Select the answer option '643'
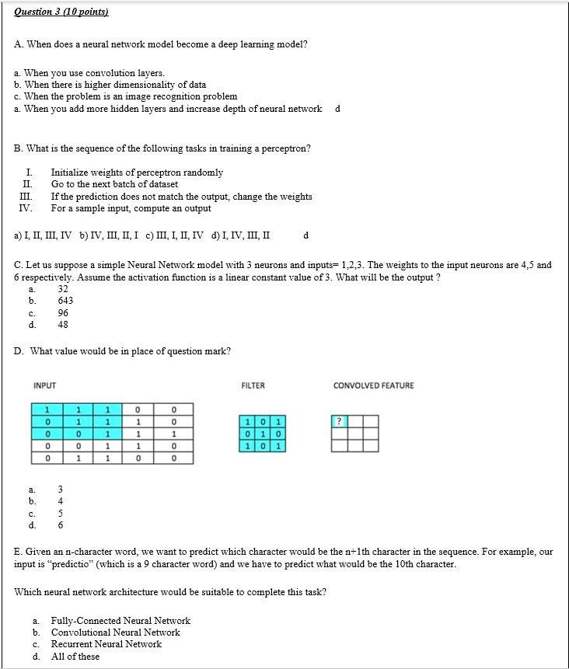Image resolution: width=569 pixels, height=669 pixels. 65,301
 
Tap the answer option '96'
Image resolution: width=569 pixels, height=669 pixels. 63,313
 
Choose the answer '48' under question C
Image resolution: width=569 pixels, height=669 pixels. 63,326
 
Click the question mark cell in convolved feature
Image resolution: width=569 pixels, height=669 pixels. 338,421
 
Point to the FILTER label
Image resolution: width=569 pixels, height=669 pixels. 253,385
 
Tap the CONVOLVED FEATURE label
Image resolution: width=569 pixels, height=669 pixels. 373,385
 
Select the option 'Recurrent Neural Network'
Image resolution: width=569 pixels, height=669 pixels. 106,644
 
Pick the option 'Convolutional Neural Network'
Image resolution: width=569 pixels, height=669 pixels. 115,632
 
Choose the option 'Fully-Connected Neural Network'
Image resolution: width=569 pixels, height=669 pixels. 120,620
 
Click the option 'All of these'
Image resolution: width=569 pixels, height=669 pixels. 75,657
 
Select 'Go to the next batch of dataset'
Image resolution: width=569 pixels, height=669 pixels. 114,184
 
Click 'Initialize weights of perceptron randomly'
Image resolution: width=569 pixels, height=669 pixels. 137,172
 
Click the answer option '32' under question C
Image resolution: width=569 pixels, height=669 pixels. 64,288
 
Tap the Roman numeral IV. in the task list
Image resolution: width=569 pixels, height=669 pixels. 26,208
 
